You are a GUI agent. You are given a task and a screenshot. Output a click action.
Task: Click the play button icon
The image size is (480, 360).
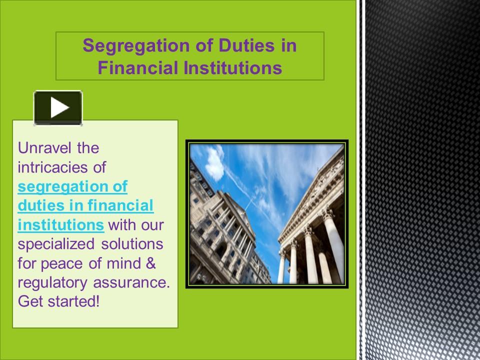coord(58,107)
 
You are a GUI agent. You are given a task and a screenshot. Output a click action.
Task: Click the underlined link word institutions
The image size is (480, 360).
coord(60,225)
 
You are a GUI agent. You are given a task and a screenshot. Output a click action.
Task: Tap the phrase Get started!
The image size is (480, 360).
coord(58,301)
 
